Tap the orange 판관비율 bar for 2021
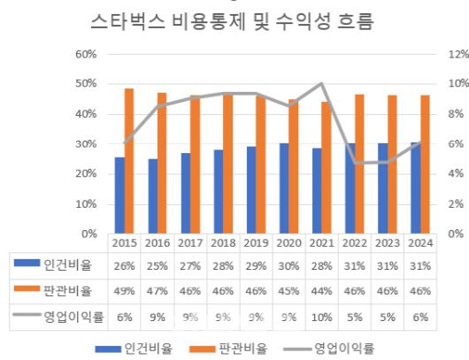(x=326, y=168)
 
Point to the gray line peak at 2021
(x=320, y=84)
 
